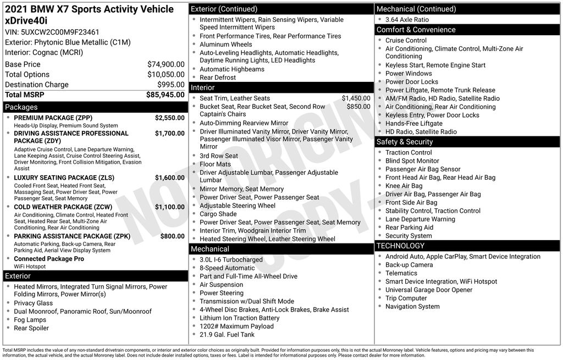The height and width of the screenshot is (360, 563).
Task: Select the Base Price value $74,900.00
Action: pyautogui.click(x=165, y=64)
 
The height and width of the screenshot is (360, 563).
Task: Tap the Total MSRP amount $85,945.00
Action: pyautogui.click(x=165, y=95)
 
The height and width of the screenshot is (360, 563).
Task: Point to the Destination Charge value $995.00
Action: pyautogui.click(x=171, y=85)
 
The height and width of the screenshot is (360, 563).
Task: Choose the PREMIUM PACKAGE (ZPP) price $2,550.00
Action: pyautogui.click(x=169, y=118)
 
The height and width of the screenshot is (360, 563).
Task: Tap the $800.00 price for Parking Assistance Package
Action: pyautogui.click(x=172, y=236)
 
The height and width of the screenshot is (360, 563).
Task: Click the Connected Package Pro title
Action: pyautogui.click(x=49, y=259)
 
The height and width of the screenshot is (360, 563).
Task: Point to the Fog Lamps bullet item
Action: pyautogui.click(x=30, y=320)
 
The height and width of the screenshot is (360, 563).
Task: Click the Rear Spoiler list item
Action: pyautogui.click(x=31, y=328)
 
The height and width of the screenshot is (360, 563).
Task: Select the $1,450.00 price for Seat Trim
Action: pyautogui.click(x=356, y=98)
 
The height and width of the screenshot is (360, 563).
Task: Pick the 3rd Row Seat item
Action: pyautogui.click(x=219, y=156)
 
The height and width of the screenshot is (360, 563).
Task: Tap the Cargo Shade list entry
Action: pyautogui.click(x=218, y=214)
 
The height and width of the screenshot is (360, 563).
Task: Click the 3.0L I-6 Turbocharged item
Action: pyautogui.click(x=231, y=259)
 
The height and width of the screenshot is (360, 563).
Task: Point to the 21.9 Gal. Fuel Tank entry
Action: pyautogui.click(x=227, y=335)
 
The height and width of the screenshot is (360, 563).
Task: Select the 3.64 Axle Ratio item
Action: pyautogui.click(x=407, y=19)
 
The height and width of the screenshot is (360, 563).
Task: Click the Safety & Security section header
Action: pyautogui.click(x=405, y=142)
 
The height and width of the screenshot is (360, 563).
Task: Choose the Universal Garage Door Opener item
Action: pyautogui.click(x=429, y=290)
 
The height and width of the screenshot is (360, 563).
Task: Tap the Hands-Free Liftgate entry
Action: pyautogui.click(x=413, y=124)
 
